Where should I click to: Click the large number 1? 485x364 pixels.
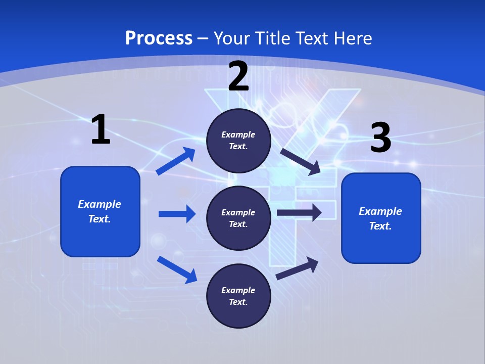[x=101, y=130]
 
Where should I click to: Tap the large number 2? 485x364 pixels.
[x=238, y=76]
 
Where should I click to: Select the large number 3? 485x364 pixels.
[x=380, y=138]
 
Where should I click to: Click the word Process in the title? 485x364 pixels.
[x=159, y=38]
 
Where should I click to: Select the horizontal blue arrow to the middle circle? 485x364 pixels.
[x=177, y=214]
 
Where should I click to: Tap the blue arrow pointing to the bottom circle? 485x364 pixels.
[x=177, y=269]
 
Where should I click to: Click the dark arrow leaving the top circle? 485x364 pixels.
[x=301, y=161]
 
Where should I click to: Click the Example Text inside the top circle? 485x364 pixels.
[x=238, y=141]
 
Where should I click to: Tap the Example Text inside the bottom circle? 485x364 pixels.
[x=238, y=296]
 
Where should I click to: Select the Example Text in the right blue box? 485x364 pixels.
[x=380, y=218]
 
